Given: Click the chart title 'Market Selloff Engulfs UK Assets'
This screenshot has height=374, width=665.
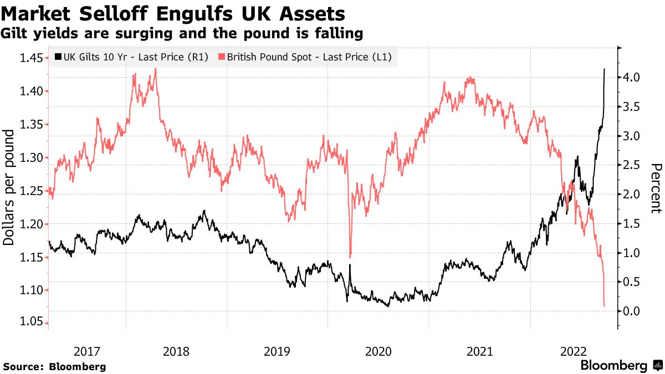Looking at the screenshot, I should pyautogui.click(x=173, y=13).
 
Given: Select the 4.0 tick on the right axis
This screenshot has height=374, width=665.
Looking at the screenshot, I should pyautogui.click(x=632, y=78).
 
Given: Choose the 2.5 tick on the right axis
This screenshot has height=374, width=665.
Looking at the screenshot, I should pyautogui.click(x=632, y=165).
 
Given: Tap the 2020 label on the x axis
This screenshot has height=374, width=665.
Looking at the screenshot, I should pyautogui.click(x=379, y=351).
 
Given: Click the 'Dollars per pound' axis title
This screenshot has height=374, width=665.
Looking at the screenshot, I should pyautogui.click(x=9, y=188).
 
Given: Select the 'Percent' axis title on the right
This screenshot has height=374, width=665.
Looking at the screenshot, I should pyautogui.click(x=656, y=188).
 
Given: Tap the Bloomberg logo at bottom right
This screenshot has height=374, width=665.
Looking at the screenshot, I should pyautogui.click(x=621, y=366).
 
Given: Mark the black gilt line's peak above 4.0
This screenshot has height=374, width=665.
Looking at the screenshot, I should pyautogui.click(x=603, y=69).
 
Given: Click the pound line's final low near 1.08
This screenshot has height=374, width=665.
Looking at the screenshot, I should pyautogui.click(x=603, y=305).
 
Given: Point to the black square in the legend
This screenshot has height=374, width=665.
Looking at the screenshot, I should pyautogui.click(x=58, y=57).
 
